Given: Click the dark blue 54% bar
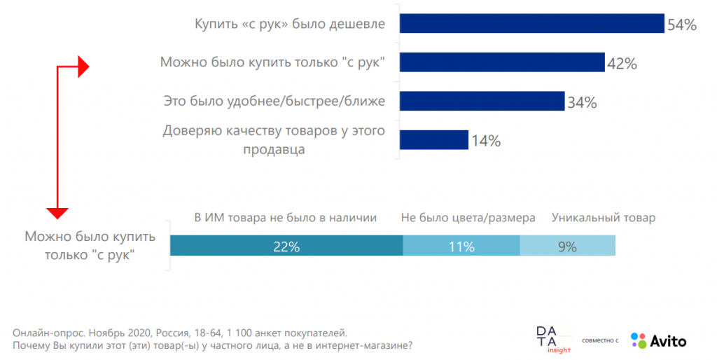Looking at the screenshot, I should click(x=531, y=24).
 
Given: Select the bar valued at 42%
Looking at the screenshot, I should click(x=502, y=62).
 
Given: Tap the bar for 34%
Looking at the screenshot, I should click(x=482, y=101).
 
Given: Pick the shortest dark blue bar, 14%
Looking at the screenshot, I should click(x=433, y=139).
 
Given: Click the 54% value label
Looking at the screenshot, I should click(x=682, y=25).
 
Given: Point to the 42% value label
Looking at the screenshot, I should click(x=622, y=64).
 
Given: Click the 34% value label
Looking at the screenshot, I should click(x=582, y=102).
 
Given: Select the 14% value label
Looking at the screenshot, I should click(x=486, y=141).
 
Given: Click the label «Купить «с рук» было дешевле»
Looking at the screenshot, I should click(x=289, y=25).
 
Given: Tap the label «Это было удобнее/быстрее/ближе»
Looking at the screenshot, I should click(x=274, y=102).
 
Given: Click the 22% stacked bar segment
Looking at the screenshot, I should click(x=286, y=247).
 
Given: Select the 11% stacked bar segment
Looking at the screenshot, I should click(x=461, y=247).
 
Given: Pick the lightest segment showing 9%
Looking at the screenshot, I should click(x=567, y=247).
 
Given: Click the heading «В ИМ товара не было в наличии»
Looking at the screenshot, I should click(x=286, y=218).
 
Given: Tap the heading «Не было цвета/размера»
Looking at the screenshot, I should click(x=468, y=218).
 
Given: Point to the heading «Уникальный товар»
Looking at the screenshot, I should click(x=604, y=218).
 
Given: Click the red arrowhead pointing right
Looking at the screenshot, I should click(x=83, y=67).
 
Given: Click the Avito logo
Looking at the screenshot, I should click(x=658, y=341).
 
